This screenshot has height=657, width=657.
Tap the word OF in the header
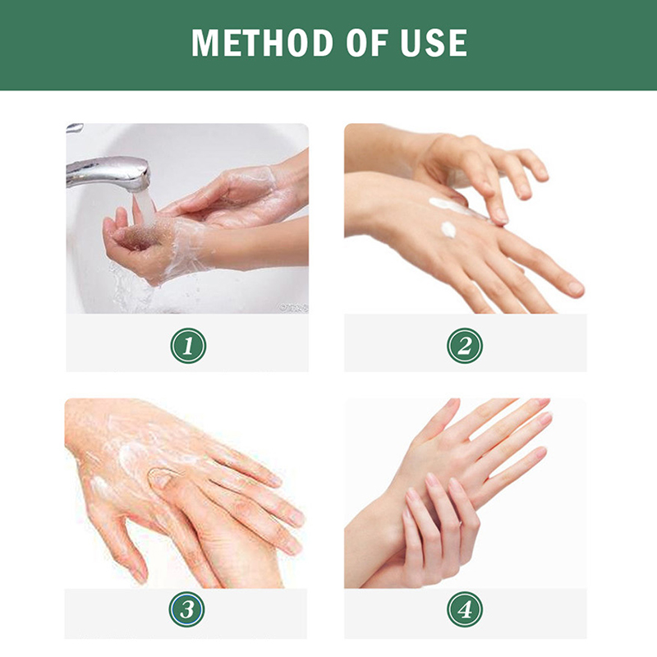click(366, 43)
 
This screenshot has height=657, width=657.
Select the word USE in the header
click(434, 43)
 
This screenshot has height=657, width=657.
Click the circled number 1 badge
click(188, 346)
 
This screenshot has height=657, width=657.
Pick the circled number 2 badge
click(465, 346)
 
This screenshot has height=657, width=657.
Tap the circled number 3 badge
click(187, 609)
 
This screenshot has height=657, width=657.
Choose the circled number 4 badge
click(465, 609)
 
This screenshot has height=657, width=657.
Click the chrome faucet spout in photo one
click(108, 172)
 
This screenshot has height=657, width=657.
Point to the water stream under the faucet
click(143, 209)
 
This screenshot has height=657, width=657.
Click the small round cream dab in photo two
click(448, 229)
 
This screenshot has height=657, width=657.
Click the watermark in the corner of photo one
click(294, 309)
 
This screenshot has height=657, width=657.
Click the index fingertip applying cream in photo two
click(500, 217)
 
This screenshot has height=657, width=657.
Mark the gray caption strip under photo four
click(466, 613)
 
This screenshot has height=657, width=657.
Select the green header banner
click(328, 45)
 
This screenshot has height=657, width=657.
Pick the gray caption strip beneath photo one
click(187, 342)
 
